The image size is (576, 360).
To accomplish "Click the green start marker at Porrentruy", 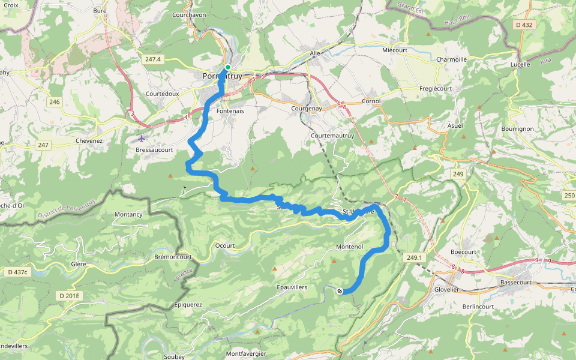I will pos(228,67).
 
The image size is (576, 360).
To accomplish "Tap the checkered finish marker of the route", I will pos(340,291).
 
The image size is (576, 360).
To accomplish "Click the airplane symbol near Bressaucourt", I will pos(141,139).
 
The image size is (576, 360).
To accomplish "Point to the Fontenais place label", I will pos(230,111).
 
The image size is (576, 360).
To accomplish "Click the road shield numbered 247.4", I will pos(153,59).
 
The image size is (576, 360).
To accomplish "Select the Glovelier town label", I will pos(446,289).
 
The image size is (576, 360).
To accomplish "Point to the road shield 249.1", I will pos(415,258).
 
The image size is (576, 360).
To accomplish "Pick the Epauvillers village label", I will pos(292,287).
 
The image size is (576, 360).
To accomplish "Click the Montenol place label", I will pos(350,247).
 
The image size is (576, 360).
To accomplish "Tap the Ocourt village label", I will pos(225,245).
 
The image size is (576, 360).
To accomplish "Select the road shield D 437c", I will pos(17,272).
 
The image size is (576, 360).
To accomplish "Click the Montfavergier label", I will pos(246,353).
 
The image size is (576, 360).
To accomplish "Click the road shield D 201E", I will pos(70,296).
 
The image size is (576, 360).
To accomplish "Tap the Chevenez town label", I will pos(89,141).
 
